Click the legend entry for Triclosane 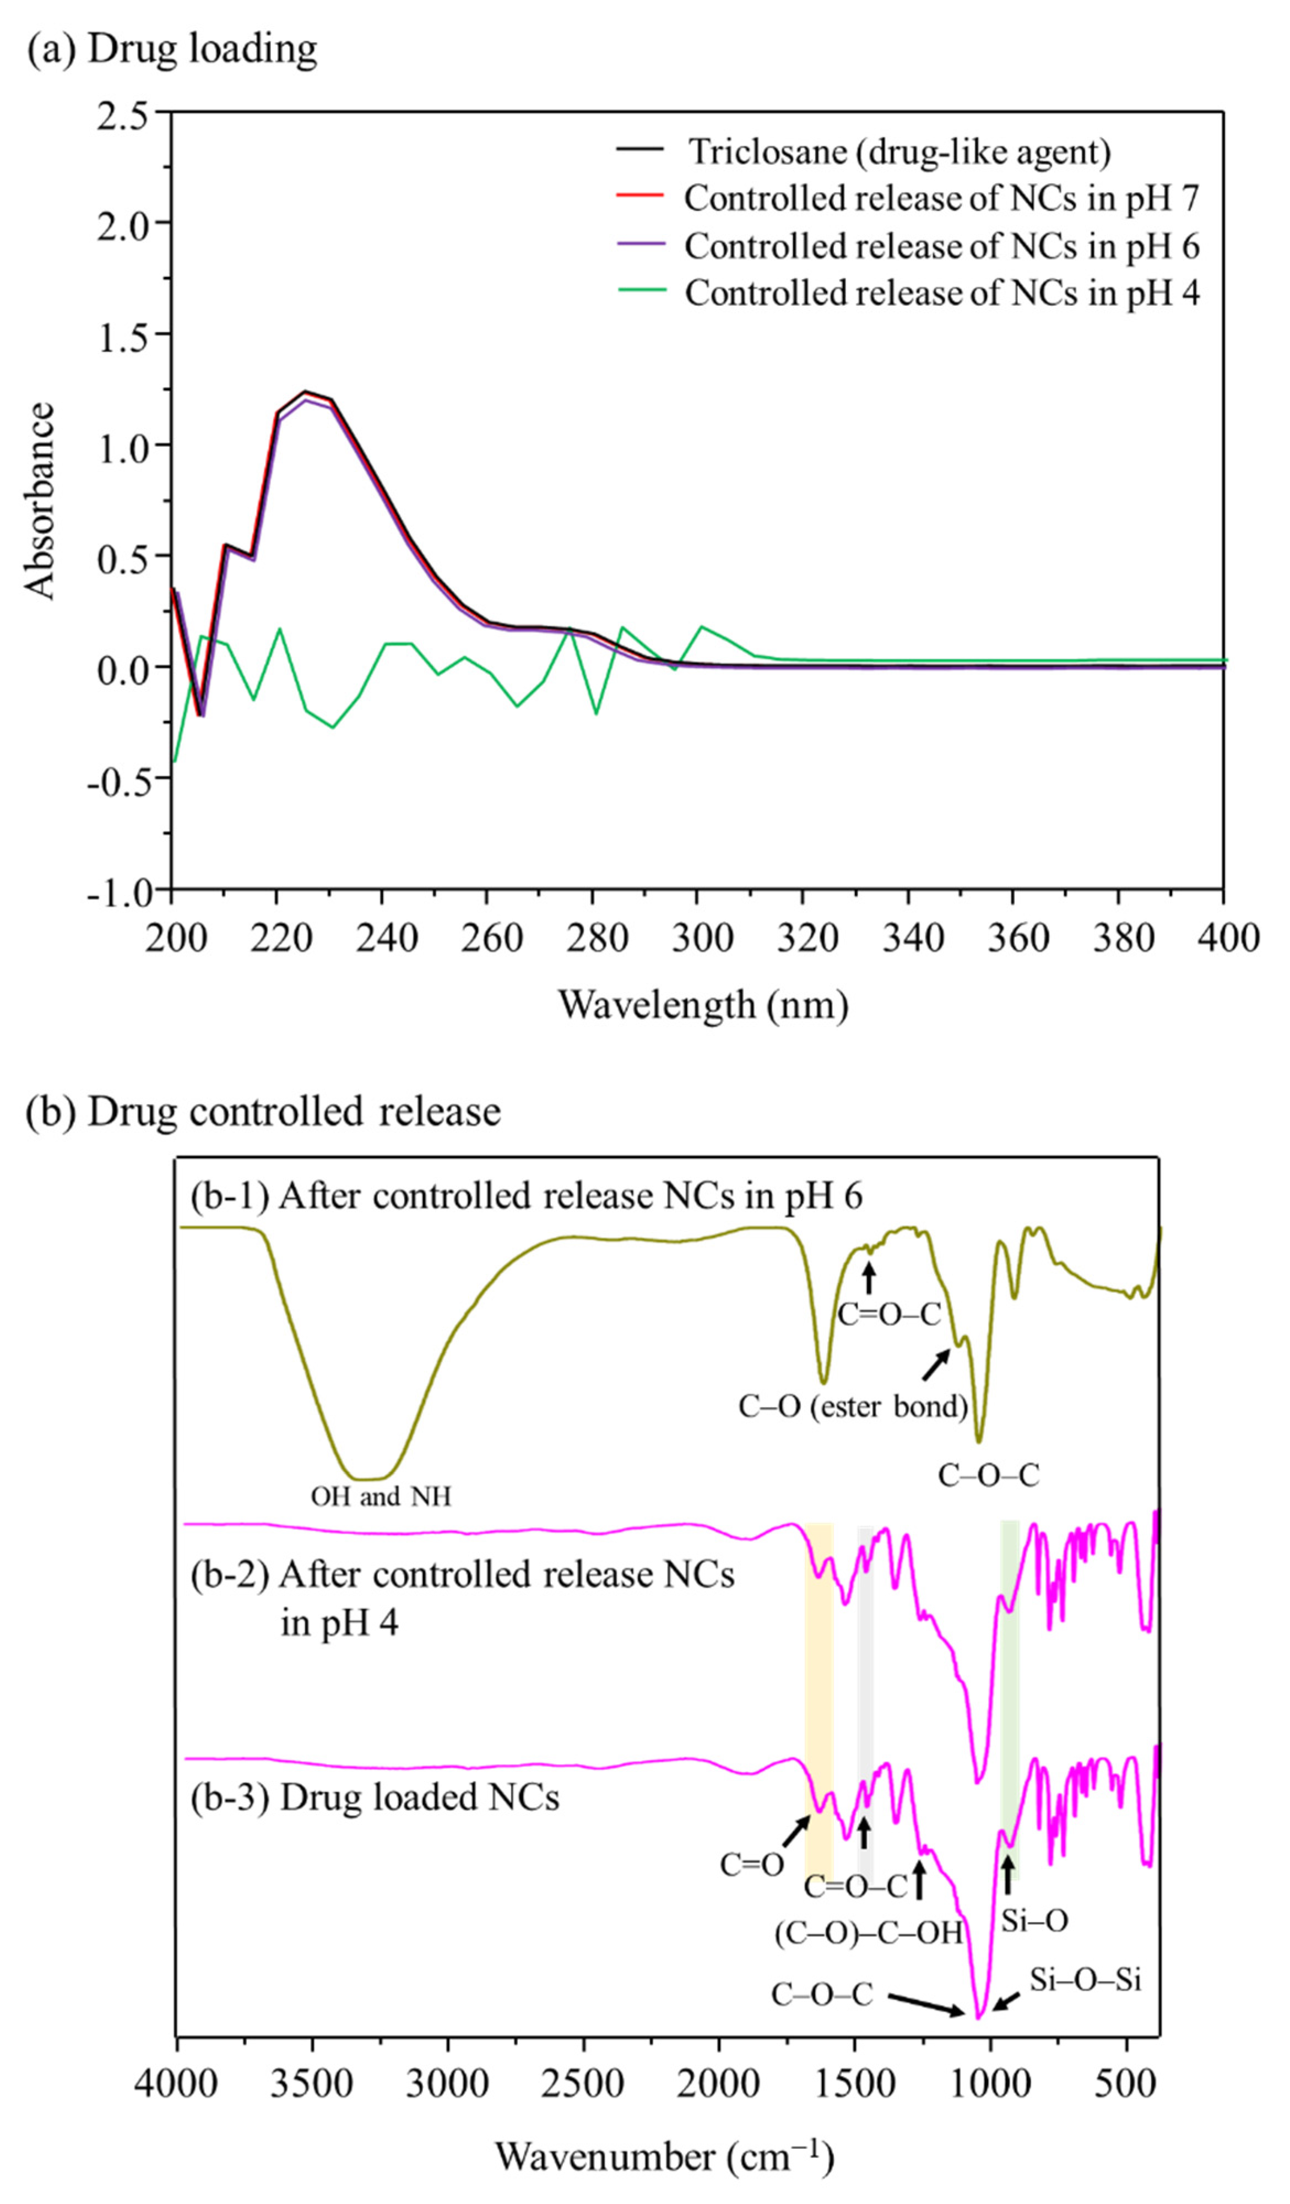[x=899, y=152]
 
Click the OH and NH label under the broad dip [x=381, y=1497]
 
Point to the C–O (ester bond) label [x=853, y=1406]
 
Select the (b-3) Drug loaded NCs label [x=375, y=1798]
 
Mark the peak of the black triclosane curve [x=305, y=392]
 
